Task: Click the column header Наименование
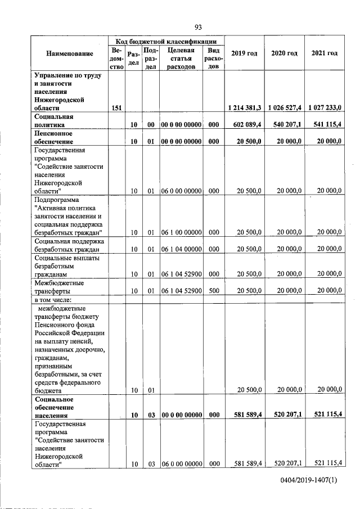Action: pyautogui.click(x=70, y=53)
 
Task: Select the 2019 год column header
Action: pyautogui.click(x=244, y=53)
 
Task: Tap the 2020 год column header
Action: pyautogui.click(x=284, y=53)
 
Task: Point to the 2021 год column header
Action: pyautogui.click(x=324, y=53)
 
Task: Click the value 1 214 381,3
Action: pyautogui.click(x=244, y=107)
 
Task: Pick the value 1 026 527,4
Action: pyautogui.click(x=284, y=107)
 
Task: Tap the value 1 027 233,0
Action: pyautogui.click(x=323, y=107)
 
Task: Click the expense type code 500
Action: pyautogui.click(x=214, y=291)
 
